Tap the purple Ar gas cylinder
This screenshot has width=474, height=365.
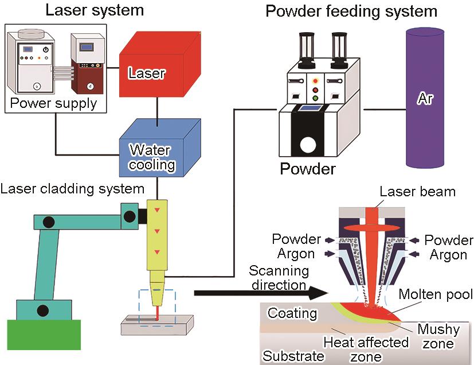424,98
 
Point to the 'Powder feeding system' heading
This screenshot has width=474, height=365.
351,11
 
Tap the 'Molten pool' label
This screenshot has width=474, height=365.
436,294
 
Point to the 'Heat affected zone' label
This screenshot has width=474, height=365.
366,350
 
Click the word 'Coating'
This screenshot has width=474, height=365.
292,313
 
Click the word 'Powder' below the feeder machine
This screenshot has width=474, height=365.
307,169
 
